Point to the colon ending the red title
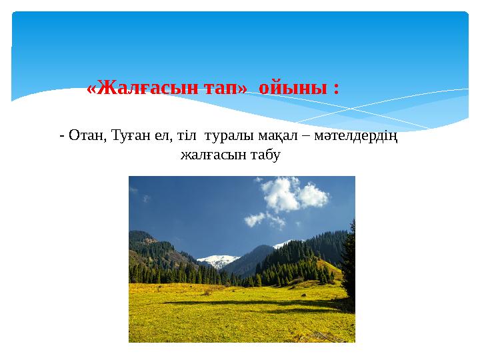(x=335, y=89)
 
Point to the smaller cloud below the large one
(x=256, y=218)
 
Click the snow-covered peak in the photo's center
(x=218, y=259)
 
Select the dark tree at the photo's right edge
(x=348, y=267)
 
